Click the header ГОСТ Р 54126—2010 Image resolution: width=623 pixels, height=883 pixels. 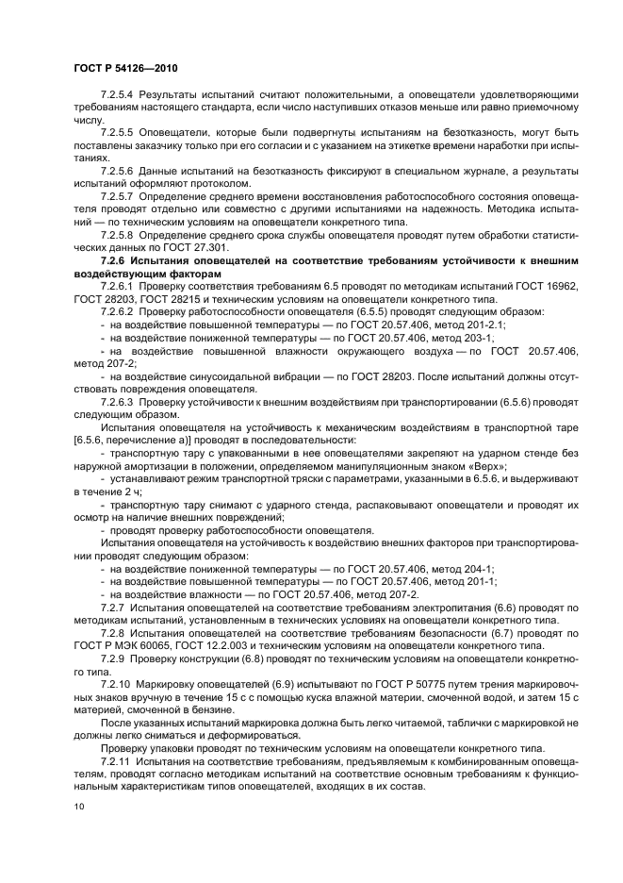coord(123,69)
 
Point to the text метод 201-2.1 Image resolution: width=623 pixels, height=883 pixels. coord(462,324)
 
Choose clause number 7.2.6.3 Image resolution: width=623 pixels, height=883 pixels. coord(120,401)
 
